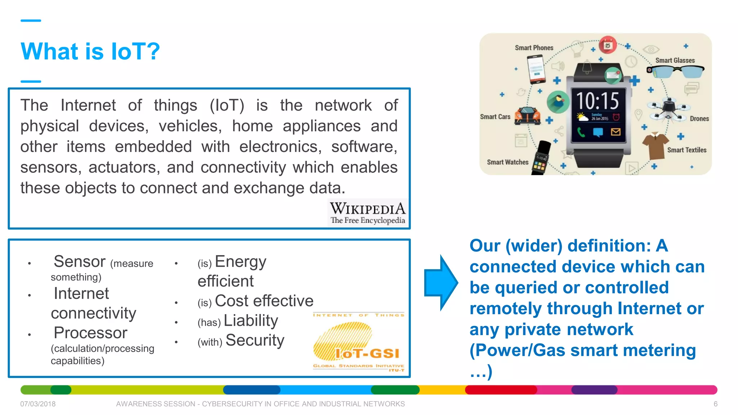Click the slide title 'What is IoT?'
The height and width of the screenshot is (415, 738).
coord(90,52)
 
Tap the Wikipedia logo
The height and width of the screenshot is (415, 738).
coord(368,213)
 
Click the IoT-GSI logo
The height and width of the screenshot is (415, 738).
coord(359,342)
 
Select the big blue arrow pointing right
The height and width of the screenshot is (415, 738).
coord(441,283)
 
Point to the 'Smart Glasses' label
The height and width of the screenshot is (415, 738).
coord(675,61)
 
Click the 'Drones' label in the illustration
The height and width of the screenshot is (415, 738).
coord(699,119)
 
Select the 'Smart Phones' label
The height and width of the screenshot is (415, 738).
coord(534,48)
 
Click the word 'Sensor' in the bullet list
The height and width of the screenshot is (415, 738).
coord(80,262)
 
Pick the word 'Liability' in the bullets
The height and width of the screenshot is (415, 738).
coord(251,320)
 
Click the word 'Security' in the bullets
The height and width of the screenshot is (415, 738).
coord(255,340)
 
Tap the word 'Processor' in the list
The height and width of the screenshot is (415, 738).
coord(90,333)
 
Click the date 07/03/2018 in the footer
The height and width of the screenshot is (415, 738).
coord(38,404)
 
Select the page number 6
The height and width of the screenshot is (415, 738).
coord(715,404)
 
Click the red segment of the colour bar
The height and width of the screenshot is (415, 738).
coord(501,390)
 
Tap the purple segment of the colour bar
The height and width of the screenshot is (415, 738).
coord(594,390)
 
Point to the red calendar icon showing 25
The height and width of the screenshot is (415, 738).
coord(608,45)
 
